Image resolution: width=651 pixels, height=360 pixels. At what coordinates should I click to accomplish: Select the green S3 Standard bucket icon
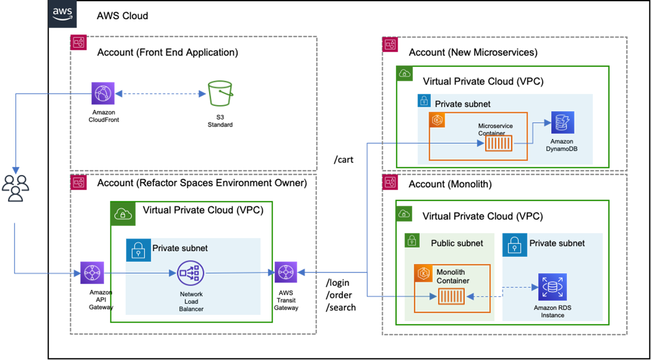pos(220,93)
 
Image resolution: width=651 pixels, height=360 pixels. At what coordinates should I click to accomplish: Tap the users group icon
pos(15,188)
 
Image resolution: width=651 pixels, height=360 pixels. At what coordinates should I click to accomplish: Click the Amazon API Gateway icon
pos(92,273)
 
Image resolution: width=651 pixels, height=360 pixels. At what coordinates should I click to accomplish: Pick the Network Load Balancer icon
pos(191,273)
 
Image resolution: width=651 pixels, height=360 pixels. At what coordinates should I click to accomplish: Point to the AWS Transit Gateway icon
pos(286,273)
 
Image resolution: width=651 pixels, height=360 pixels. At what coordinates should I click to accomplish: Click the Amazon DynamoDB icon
pos(562,123)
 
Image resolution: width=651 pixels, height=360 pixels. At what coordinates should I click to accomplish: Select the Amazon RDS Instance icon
pos(552,287)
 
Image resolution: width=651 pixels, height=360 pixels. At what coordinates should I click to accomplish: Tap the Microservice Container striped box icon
pos(499,143)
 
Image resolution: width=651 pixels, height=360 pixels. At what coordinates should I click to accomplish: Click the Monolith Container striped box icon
pos(452,296)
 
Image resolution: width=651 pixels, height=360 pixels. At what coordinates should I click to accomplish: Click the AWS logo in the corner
pos(62,14)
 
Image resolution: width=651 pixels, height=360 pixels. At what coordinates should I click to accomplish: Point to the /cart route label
pos(343,160)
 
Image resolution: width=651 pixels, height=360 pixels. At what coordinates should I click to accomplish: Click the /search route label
pos(341,307)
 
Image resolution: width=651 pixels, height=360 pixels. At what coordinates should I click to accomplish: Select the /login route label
pos(337,283)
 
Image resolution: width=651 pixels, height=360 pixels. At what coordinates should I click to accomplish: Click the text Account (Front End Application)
pos(167,52)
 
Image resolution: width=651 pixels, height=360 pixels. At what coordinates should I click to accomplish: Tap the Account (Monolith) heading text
pos(450,184)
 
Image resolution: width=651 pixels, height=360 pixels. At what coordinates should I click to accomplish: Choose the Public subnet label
pos(457,243)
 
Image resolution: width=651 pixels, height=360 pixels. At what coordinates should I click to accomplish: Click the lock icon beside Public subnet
pos(412,240)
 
